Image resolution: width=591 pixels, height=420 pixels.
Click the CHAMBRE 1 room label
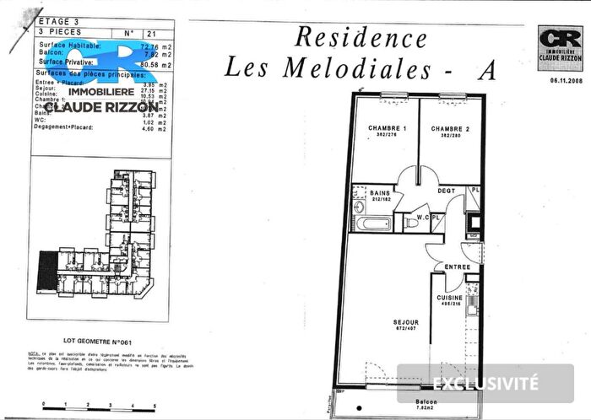(388, 128)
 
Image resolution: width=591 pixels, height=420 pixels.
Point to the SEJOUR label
(406, 322)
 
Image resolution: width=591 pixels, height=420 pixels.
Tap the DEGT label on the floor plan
(447, 191)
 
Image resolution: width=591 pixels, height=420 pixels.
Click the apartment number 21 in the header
(149, 32)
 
